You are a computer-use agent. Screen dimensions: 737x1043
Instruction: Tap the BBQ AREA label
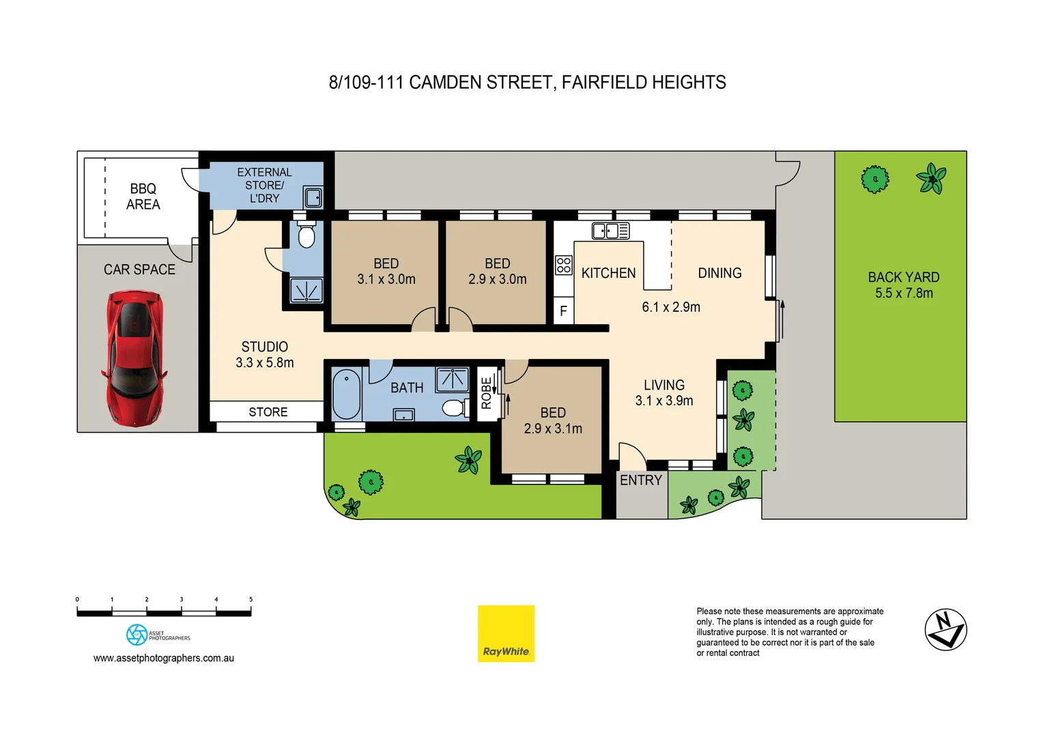pos(143,197)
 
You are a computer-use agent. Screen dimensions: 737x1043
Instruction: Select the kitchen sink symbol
pos(610,231)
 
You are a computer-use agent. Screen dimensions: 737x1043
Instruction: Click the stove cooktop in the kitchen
pos(563,265)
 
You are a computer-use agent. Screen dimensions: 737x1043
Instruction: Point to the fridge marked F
pos(563,311)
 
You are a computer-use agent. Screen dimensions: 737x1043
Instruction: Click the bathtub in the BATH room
pos(346,394)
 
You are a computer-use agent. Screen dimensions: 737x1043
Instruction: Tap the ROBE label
pos(486,393)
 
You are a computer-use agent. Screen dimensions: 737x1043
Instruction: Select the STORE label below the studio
pos(268,412)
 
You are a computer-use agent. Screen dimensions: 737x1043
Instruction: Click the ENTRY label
pos(640,480)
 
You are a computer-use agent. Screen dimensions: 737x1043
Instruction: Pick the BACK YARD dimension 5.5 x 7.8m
pos(904,293)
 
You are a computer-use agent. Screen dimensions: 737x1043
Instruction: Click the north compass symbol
pos(945,629)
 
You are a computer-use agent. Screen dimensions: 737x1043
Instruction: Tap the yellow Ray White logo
pos(506,633)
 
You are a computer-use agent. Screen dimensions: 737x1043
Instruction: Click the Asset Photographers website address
pos(164,659)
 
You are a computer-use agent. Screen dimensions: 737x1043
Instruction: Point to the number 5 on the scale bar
pos(251,600)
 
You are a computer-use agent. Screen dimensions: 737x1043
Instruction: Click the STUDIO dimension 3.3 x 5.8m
pos(265,363)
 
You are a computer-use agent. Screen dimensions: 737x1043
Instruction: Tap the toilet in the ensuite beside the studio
pos(306,236)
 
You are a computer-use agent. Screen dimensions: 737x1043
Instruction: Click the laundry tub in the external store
pos(313,198)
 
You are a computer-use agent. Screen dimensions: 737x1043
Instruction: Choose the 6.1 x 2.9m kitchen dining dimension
pos(670,307)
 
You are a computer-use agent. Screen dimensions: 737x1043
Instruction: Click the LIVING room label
pos(663,386)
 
